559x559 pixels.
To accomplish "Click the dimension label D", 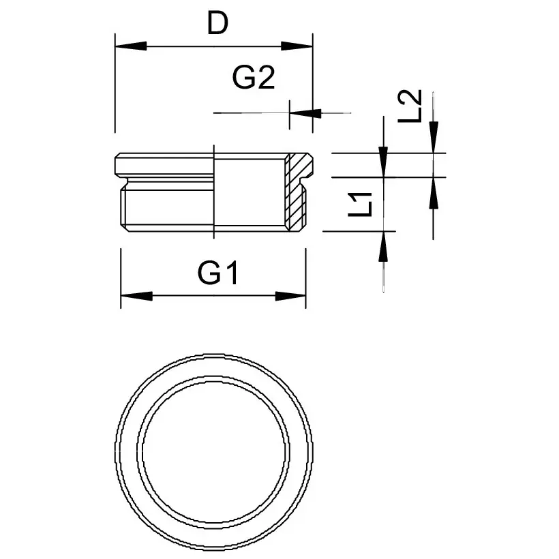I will (x=217, y=25).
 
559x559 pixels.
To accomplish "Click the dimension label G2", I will (x=253, y=79).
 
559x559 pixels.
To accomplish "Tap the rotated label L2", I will (x=410, y=106).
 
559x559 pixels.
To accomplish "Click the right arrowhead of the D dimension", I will (x=297, y=46).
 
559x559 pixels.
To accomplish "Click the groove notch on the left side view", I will (x=123, y=183).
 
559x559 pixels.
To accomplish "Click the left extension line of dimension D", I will (x=115, y=89).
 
